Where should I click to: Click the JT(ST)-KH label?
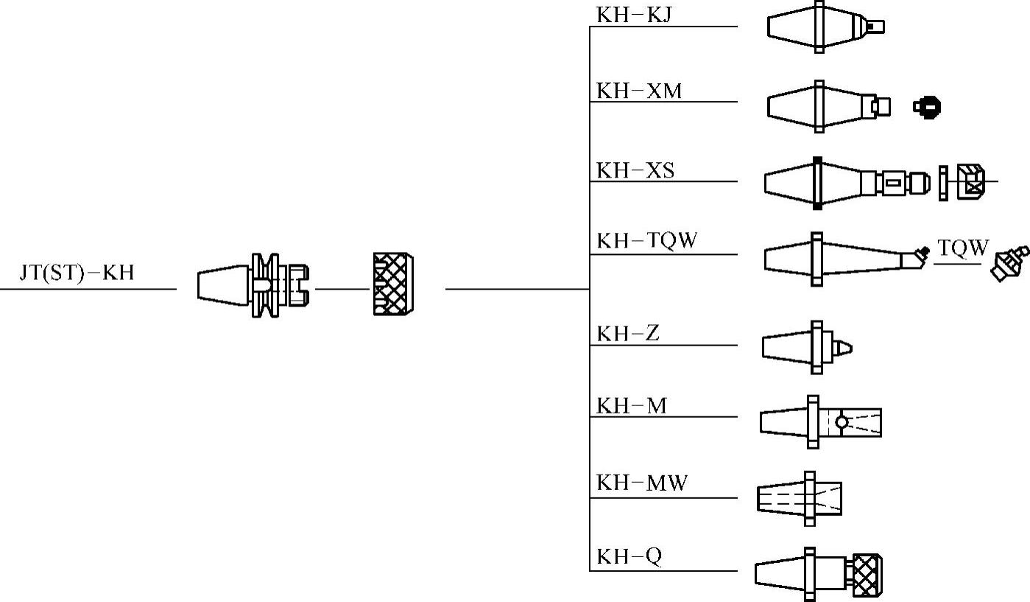(x=77, y=273)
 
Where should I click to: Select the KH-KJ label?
(x=634, y=15)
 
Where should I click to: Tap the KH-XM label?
(x=639, y=91)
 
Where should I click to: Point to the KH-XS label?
(x=635, y=171)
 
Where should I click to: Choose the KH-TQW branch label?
(x=646, y=241)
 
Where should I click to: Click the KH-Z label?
(x=628, y=333)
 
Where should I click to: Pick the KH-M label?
(x=632, y=405)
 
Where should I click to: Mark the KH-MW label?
(x=642, y=483)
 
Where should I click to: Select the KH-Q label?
(x=629, y=556)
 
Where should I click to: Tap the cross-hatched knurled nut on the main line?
(x=393, y=284)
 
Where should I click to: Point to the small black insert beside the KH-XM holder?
(x=928, y=108)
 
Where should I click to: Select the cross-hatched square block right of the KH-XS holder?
(x=971, y=182)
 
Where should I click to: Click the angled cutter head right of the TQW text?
(x=1009, y=263)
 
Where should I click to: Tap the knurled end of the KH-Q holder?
(x=867, y=574)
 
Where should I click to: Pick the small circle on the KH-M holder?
(x=842, y=422)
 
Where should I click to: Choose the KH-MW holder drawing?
(x=800, y=498)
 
